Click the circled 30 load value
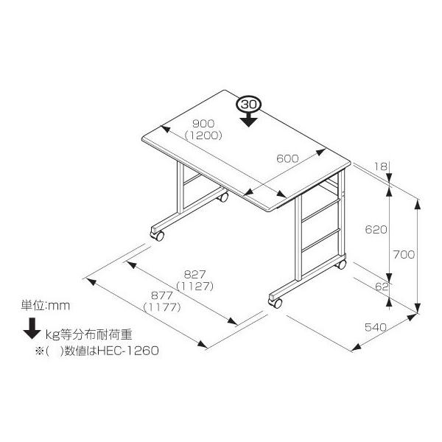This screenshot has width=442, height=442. pos(249,105)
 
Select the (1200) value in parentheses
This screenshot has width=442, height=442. pos(204,135)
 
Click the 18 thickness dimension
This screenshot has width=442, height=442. pos(380,167)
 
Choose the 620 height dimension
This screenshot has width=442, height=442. pos(376,230)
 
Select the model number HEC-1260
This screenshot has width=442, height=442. pos(133,351)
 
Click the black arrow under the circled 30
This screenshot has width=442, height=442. pos(249,119)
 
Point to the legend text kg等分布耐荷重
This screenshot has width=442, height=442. pos(88,333)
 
